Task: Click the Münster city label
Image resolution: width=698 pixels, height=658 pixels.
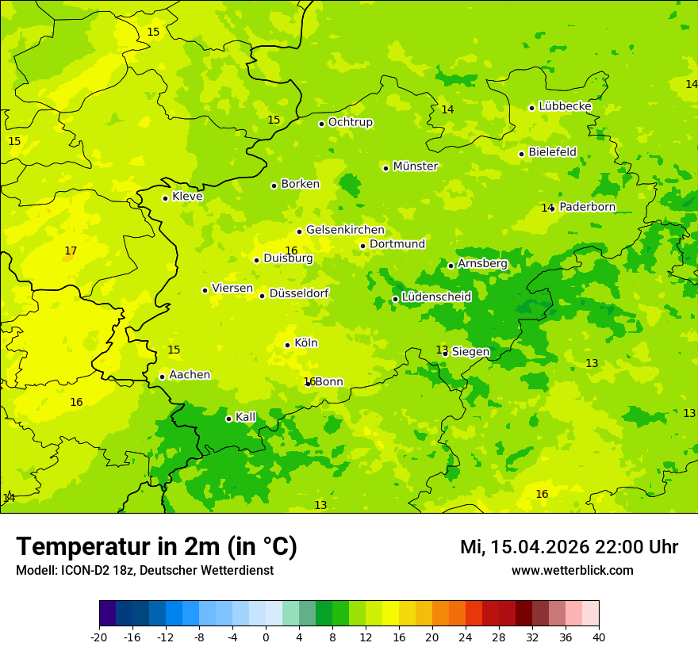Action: coord(415,166)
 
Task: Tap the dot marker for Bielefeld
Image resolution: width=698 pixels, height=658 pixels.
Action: coord(521,154)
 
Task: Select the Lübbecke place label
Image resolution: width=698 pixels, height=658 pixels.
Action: coord(565,106)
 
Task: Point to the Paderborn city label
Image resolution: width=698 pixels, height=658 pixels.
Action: coord(587,207)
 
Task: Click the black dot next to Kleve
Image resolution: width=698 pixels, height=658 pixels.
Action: coord(165,198)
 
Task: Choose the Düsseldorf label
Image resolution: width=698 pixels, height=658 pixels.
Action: coord(298,293)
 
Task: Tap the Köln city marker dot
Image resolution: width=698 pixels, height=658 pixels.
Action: coord(287,345)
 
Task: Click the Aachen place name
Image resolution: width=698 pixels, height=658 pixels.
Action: coord(190,375)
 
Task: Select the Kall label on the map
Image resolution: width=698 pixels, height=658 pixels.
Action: coord(245,417)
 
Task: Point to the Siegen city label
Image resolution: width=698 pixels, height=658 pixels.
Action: coord(470,352)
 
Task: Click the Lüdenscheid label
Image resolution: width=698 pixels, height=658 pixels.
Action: coord(436,297)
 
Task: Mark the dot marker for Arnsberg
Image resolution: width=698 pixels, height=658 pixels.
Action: coord(451,266)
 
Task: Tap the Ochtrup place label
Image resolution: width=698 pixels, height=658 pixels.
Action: coord(350,122)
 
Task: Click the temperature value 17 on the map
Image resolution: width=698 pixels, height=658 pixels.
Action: coord(71,251)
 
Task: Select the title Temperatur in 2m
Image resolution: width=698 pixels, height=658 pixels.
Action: coord(156,547)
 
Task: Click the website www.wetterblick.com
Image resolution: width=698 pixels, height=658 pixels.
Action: coord(572,571)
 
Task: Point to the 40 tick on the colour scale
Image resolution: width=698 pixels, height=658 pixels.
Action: coord(599,637)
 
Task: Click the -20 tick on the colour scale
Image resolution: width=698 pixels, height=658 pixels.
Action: coord(99,637)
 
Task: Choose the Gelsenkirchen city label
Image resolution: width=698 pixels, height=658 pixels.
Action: coord(345,230)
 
